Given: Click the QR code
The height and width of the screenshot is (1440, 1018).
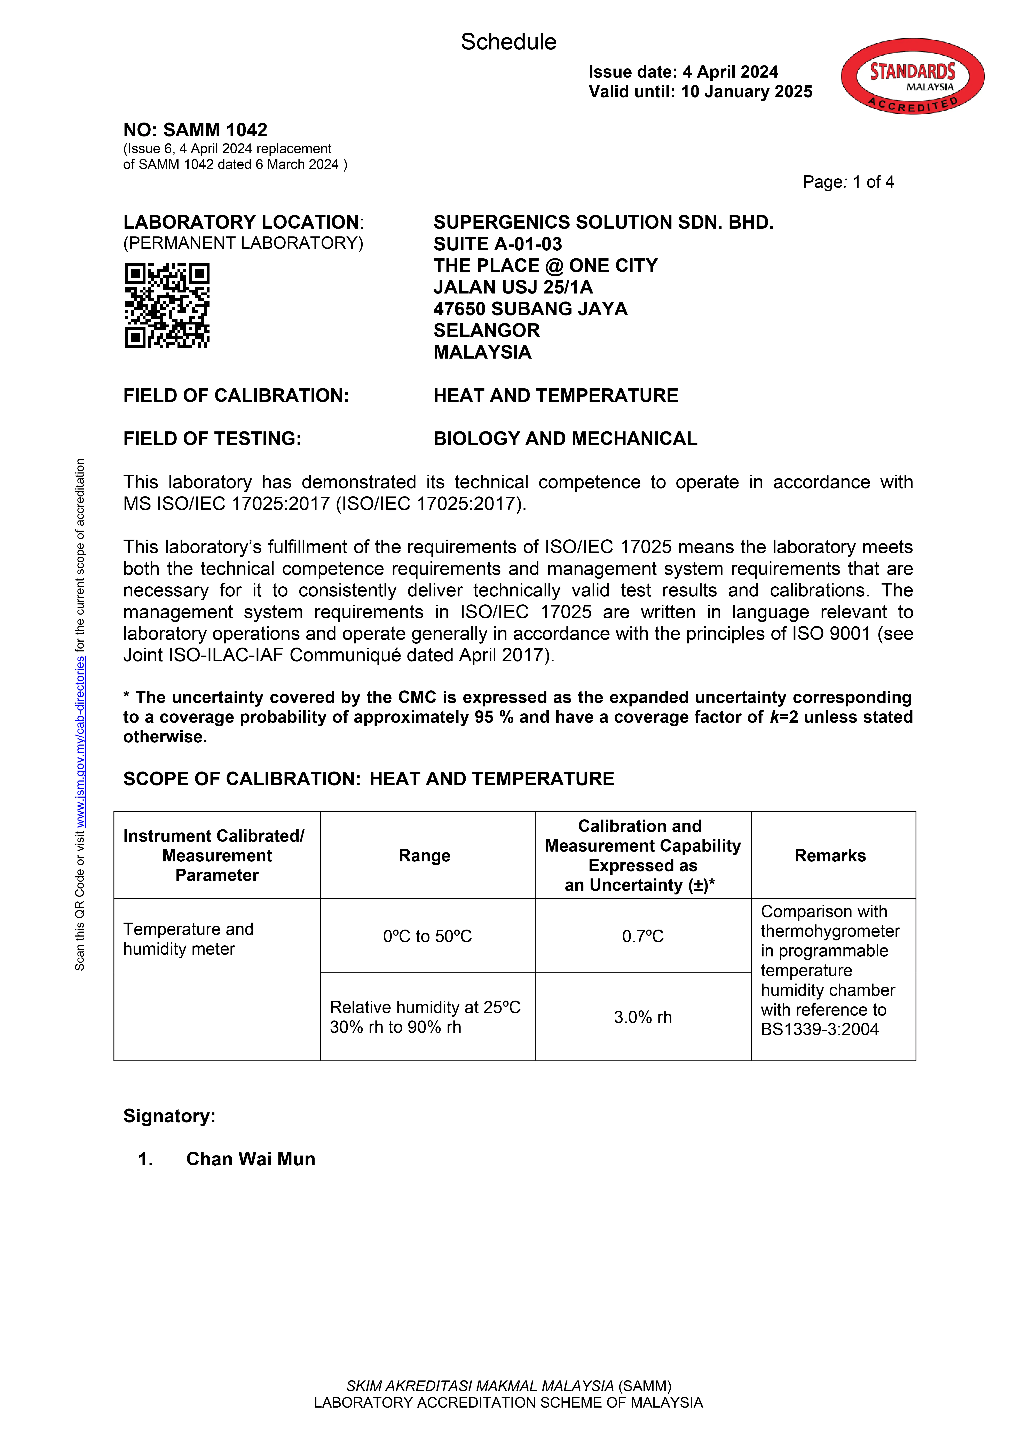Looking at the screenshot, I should point(167,305).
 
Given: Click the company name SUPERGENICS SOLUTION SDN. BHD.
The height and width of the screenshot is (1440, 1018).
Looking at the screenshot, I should point(603,223).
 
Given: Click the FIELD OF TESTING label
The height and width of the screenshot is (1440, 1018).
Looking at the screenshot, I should point(212,438).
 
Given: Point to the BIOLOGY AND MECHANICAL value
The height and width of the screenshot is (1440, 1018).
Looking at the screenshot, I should point(565,438).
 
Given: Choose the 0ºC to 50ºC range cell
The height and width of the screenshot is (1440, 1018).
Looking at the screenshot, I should point(427,936).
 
